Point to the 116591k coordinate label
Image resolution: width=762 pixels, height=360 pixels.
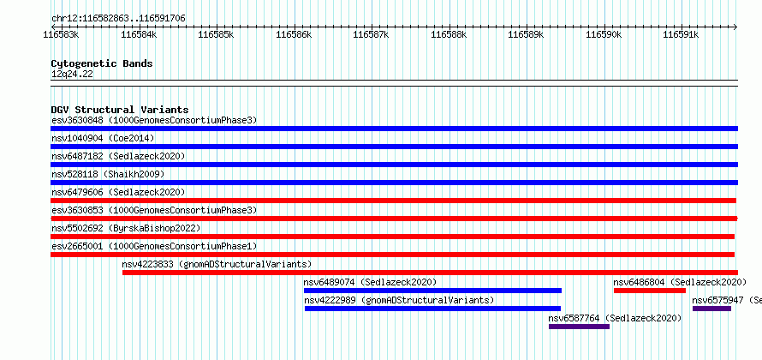point(682,34)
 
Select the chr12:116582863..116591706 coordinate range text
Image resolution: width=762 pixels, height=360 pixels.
point(118,19)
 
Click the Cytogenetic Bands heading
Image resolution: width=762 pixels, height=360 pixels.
point(102,63)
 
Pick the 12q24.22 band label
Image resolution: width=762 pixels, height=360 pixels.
point(72,75)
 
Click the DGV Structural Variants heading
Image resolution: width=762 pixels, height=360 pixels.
point(120,110)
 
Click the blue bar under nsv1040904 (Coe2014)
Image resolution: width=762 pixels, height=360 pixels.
point(394,147)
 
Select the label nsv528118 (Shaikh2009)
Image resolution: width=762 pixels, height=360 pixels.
point(108,174)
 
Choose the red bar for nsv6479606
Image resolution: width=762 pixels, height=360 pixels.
point(393,201)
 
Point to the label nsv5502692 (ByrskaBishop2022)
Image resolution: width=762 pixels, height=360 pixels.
point(126,228)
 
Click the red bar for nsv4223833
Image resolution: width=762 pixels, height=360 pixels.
point(430,273)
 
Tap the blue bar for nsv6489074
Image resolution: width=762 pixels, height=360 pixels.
point(432,291)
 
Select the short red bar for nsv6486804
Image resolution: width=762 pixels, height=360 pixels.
point(650,291)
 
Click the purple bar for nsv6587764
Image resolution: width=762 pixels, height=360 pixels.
point(579,327)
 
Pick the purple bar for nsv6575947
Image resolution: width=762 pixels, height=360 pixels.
point(711,309)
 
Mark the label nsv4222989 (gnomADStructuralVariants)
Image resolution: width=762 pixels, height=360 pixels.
point(399,300)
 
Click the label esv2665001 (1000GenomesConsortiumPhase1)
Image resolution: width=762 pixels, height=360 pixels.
point(154,246)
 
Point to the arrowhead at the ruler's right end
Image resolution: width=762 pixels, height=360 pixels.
point(735,27)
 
